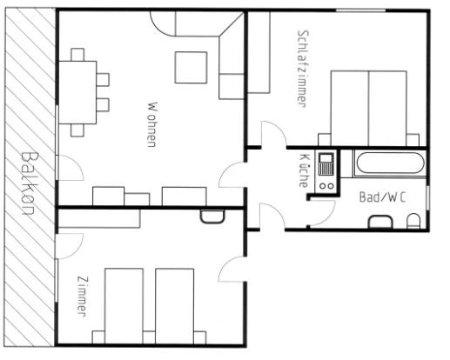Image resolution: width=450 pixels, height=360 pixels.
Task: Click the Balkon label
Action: click(30, 183)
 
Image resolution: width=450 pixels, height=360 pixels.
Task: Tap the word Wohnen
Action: click(152, 124)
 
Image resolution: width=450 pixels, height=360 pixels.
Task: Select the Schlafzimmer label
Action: click(303, 69)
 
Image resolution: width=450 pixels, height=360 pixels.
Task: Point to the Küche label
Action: click(304, 170)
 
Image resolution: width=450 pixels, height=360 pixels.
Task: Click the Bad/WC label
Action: click(382, 197)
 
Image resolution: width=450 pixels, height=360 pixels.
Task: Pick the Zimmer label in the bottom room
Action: click(82, 297)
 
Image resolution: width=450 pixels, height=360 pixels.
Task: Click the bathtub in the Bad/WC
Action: click(390, 163)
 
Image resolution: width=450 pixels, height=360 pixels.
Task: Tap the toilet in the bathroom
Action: click(413, 221)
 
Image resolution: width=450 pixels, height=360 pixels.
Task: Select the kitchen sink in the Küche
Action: click(326, 164)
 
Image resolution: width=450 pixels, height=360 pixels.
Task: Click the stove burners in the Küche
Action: click(326, 186)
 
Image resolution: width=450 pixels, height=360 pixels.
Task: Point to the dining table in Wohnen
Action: click(77, 92)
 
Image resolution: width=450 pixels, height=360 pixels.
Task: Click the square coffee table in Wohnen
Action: click(191, 68)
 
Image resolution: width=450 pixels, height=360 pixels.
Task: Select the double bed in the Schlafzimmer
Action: click(368, 108)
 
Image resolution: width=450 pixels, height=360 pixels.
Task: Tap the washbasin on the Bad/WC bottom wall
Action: click(380, 222)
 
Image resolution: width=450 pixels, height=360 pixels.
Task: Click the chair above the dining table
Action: click(77, 55)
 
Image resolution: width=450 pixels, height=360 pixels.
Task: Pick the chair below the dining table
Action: click(77, 130)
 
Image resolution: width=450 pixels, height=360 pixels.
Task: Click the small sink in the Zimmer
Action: click(212, 217)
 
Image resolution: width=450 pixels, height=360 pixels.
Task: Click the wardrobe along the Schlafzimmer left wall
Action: click(259, 52)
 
